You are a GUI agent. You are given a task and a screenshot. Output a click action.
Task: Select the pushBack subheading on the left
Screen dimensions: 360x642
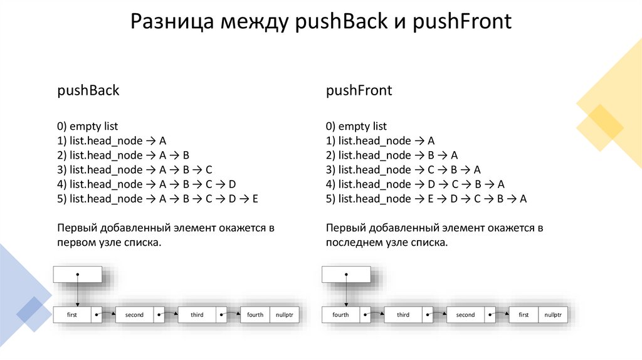coord(88,90)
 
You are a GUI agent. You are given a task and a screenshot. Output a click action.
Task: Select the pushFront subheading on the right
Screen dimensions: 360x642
coord(359,90)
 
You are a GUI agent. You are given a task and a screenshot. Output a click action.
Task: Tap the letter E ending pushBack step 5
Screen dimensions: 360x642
coord(255,199)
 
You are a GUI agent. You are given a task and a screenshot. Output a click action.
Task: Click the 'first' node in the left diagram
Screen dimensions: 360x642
coord(72,315)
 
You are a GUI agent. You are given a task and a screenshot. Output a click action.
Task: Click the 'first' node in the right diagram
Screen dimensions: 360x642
coord(524,315)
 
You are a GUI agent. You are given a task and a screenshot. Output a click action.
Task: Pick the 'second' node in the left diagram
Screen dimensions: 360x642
coord(134,315)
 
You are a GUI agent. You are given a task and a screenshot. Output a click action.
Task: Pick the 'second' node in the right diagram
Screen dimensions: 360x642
coord(465,315)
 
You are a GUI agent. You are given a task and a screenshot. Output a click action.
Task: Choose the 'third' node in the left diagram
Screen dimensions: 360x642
coord(197,315)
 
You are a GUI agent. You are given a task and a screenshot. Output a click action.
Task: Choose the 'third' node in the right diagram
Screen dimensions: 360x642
coord(403,315)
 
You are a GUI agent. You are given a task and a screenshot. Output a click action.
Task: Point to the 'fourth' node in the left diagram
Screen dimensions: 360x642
coord(255,315)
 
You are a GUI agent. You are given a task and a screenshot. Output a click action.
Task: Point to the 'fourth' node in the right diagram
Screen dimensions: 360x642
coord(340,315)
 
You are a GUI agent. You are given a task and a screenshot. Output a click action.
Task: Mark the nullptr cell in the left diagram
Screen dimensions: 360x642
coord(285,315)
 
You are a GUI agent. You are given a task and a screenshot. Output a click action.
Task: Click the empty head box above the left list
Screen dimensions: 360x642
coord(78,274)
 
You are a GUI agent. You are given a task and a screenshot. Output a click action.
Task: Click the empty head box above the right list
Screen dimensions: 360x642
coord(346,274)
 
